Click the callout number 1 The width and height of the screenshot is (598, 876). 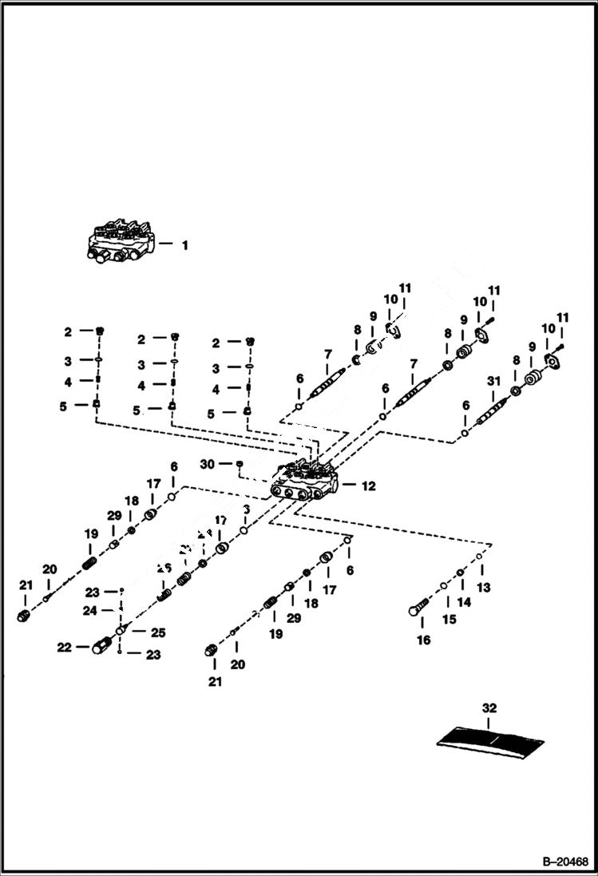(184, 245)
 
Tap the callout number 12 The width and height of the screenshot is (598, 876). (367, 486)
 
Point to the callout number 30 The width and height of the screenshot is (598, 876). (208, 464)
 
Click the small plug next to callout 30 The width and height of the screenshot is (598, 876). (238, 464)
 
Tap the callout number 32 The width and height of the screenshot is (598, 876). (489, 708)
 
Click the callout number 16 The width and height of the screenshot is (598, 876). (423, 640)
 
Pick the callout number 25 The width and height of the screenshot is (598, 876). (157, 632)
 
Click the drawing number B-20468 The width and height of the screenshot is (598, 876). (564, 862)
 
